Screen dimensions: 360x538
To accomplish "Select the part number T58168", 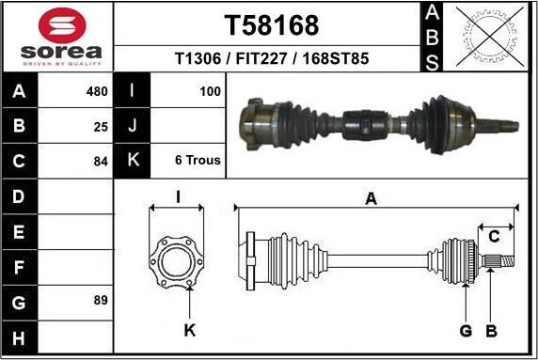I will pos(272,24).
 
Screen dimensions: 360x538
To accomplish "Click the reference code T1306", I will pos(198,58).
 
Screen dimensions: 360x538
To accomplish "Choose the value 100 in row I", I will pos(210,91).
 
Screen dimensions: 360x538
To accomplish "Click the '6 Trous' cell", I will pos(198,160).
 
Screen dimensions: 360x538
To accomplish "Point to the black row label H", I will pos(19,337).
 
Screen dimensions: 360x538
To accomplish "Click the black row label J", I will pos(132,125).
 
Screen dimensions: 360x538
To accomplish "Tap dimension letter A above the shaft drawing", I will pos(371,198).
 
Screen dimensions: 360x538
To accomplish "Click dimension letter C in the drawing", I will pos(493,236).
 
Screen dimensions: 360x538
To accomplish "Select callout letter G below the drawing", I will pos(465,330).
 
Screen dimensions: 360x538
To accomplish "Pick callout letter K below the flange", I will pos(189,330).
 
